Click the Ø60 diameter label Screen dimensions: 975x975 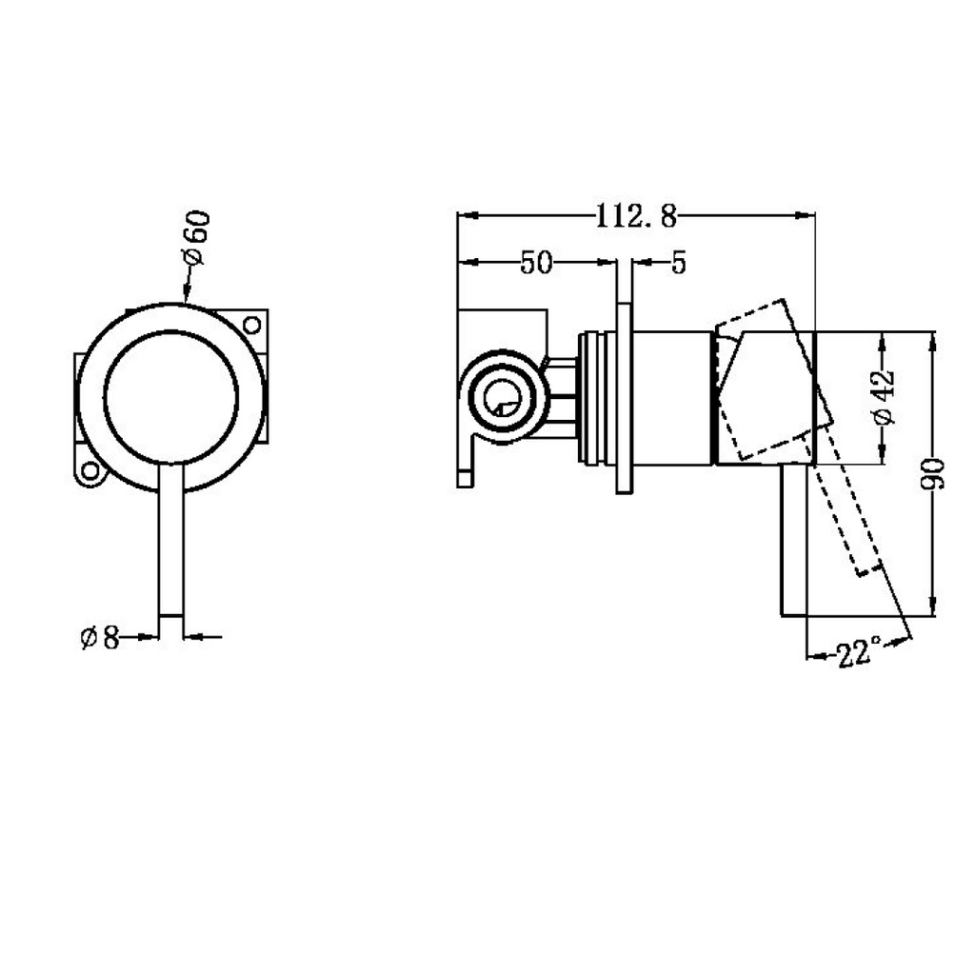197,239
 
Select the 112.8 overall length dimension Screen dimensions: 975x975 635,216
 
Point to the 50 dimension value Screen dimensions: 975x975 535,263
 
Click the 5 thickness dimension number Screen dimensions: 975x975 678,264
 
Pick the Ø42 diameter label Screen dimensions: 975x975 884,398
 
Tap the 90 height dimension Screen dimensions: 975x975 932,474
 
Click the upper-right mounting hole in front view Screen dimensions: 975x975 251,325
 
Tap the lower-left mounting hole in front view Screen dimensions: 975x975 90,471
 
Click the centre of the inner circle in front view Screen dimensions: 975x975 171,397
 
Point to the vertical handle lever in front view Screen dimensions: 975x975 171,540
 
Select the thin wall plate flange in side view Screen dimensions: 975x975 625,398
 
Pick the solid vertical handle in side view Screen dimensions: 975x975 793,541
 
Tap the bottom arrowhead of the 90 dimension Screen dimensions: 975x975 932,607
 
